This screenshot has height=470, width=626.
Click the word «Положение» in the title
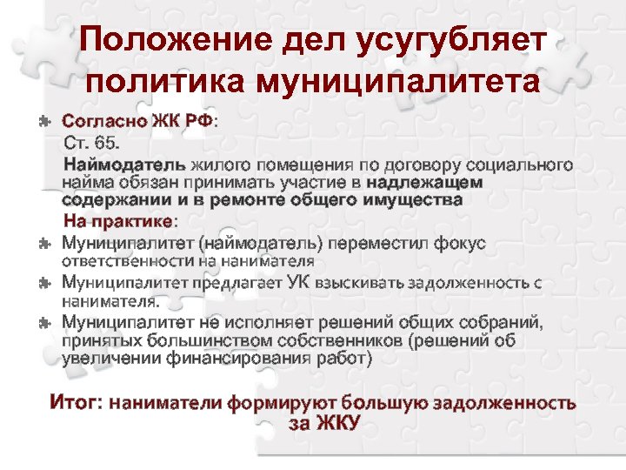click(x=165, y=41)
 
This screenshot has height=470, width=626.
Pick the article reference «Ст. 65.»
click(x=95, y=142)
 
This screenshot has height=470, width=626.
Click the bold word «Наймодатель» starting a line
click(x=124, y=164)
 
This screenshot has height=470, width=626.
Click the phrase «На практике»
click(x=120, y=221)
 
